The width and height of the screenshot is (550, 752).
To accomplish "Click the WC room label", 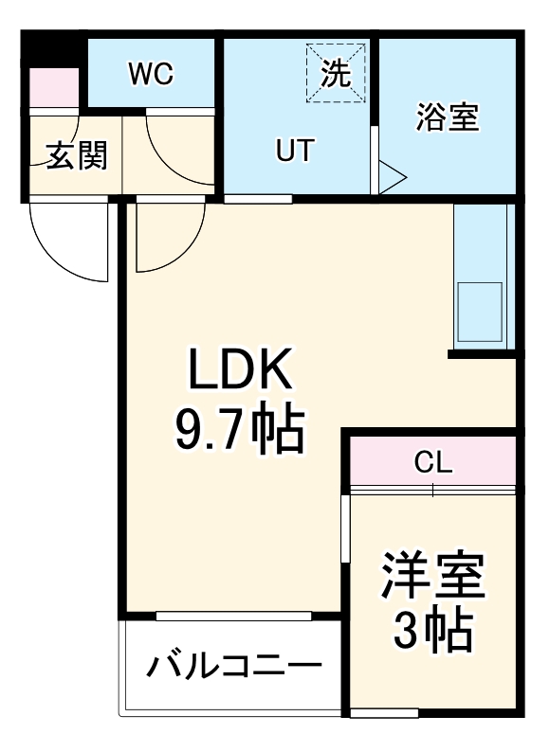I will (x=152, y=75).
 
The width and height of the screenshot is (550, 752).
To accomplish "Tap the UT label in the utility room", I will (x=294, y=151).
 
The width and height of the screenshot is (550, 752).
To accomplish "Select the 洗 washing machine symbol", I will (x=335, y=74).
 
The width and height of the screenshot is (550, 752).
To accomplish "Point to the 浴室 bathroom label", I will (x=448, y=119).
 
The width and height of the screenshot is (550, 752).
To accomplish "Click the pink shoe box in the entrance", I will (x=53, y=89).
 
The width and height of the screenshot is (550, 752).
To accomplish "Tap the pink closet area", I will (x=432, y=461).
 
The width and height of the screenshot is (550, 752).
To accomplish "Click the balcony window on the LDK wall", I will (x=233, y=617).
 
